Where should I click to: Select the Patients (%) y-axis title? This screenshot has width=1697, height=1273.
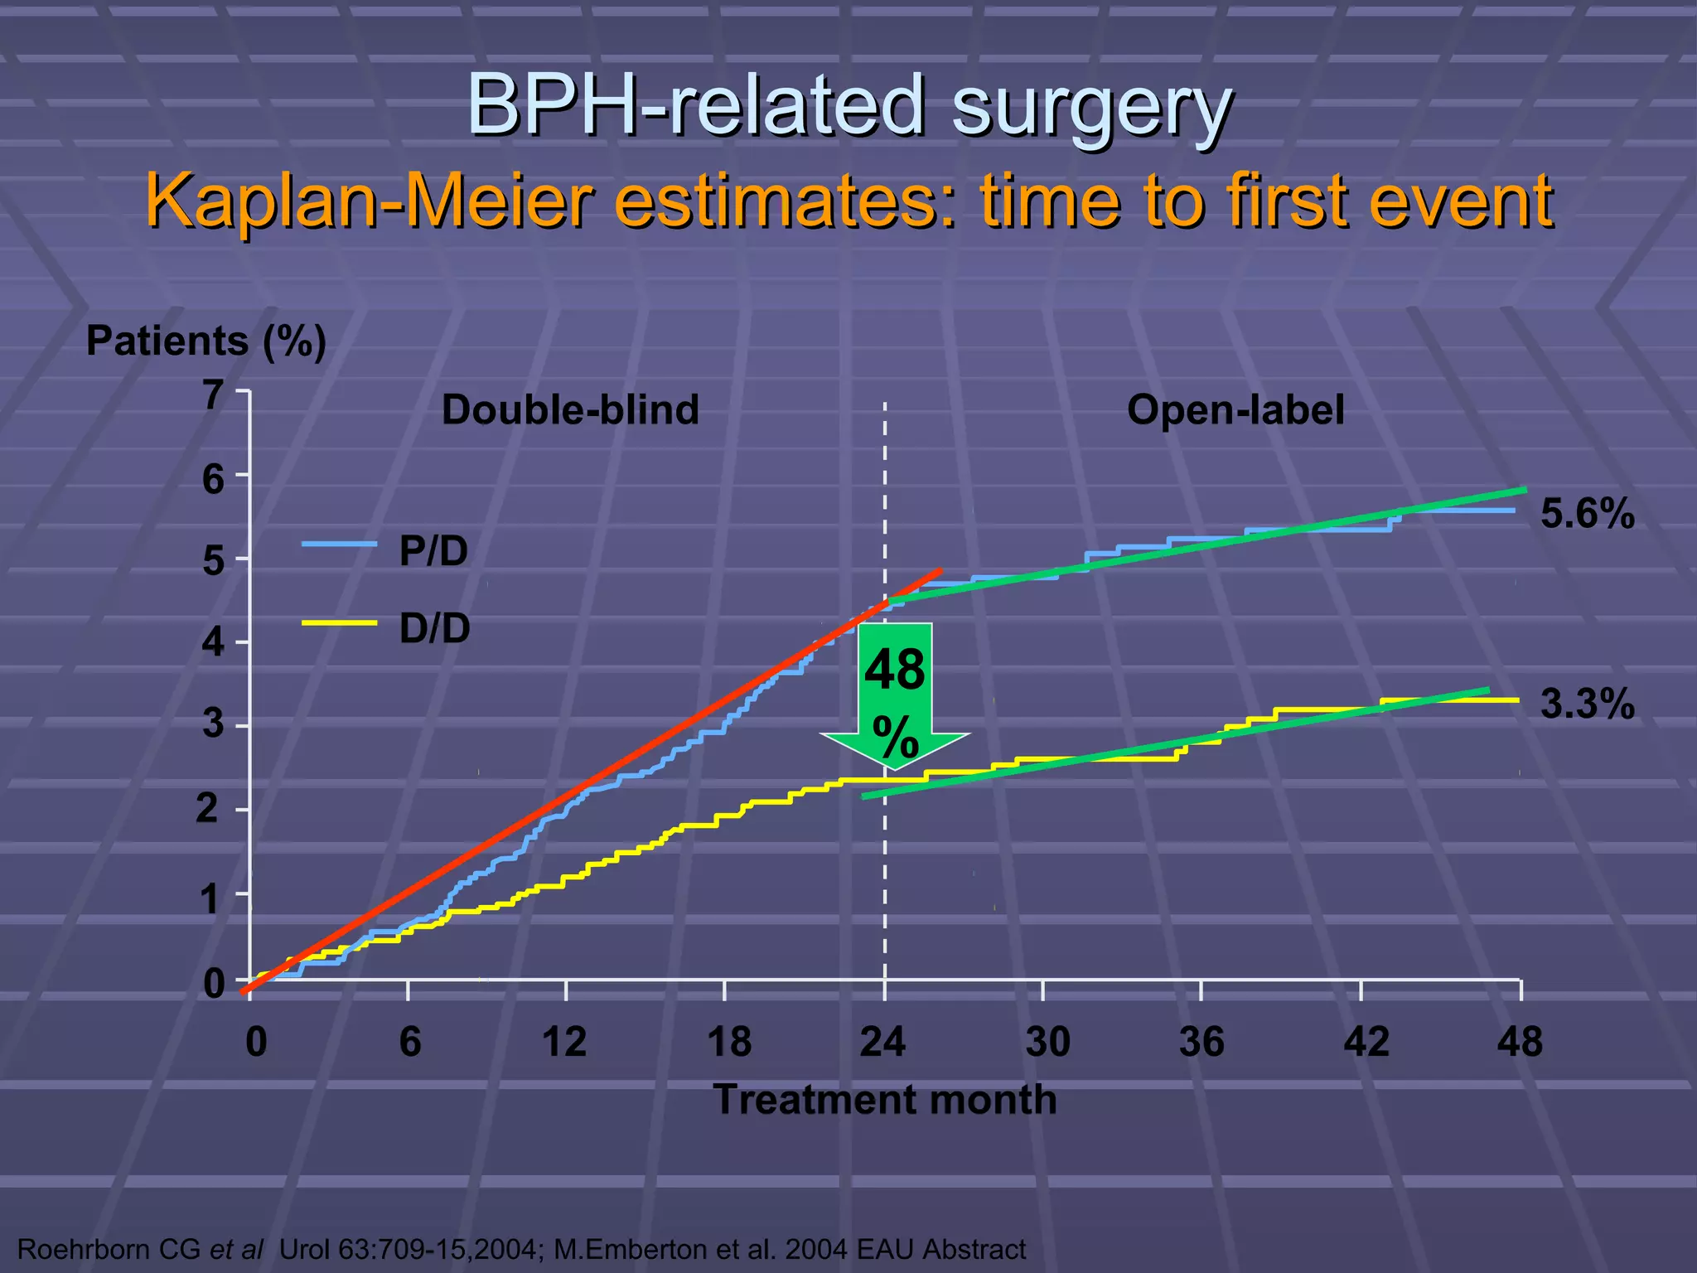206,341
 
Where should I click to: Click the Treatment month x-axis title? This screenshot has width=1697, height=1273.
884,1100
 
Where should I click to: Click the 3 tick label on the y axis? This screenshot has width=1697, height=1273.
214,724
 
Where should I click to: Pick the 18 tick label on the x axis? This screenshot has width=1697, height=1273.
728,1042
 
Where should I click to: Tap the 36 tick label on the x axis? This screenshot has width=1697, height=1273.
1201,1042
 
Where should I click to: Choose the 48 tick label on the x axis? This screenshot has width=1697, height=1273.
1520,1042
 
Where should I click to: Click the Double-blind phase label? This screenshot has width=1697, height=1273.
570,410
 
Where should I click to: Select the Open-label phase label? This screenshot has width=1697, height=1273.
1235,410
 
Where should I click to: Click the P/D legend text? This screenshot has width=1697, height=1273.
433,551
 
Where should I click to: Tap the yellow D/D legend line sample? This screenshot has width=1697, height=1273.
339,623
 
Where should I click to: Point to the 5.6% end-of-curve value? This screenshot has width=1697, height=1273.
1587,514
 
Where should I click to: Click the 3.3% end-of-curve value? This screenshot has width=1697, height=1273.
1587,704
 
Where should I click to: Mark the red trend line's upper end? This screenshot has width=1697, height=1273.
940,571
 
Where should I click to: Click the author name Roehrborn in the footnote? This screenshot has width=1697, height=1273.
83,1249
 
